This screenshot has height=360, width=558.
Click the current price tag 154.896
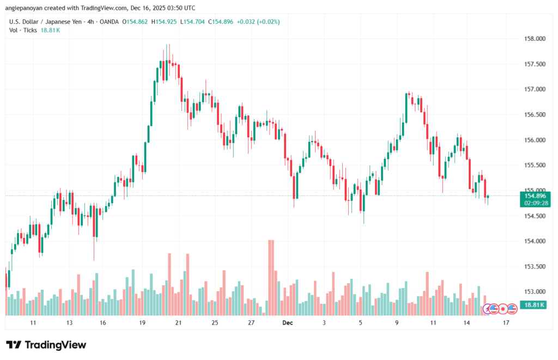(534, 196)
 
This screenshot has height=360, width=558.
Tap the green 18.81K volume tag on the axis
(534, 305)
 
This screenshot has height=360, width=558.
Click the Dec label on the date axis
(288, 323)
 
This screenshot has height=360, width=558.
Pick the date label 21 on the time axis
(178, 323)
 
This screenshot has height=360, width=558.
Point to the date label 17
(506, 323)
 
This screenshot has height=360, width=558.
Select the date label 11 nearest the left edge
(33, 323)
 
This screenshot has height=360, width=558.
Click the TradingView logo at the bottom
(46, 345)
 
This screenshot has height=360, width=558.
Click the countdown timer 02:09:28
(534, 203)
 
